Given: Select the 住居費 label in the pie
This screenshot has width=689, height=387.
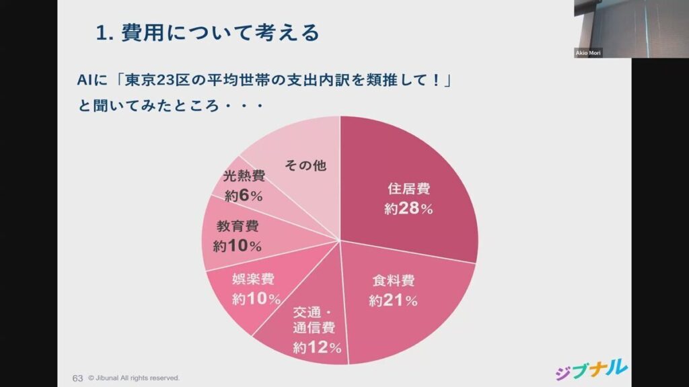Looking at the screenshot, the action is click(x=408, y=189).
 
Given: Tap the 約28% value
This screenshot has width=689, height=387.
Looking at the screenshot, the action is click(x=408, y=208).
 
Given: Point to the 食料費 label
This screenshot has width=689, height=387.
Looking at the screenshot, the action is click(x=393, y=281).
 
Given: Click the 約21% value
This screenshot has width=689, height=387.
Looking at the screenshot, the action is click(x=393, y=300).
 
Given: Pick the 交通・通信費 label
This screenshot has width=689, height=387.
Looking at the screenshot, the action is click(x=314, y=320).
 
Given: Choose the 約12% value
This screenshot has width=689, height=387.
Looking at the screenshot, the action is click(x=318, y=348).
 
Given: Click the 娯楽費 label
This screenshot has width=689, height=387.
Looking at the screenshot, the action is click(x=254, y=279).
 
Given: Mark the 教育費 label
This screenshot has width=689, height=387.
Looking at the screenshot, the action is click(x=238, y=226).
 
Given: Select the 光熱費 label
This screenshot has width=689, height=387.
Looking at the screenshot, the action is click(x=244, y=176).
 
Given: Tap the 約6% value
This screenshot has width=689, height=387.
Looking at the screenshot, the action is click(x=244, y=196).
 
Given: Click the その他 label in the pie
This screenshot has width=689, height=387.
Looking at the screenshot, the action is click(x=305, y=165).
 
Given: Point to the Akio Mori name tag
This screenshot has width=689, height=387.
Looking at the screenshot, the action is click(x=588, y=52).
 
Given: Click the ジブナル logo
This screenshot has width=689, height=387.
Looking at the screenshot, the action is click(x=591, y=370).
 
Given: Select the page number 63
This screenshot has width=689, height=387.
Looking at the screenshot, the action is click(x=77, y=378).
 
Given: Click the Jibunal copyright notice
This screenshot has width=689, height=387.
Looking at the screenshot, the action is click(x=134, y=378).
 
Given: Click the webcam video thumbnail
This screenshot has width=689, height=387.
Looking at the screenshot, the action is click(x=631, y=29).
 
